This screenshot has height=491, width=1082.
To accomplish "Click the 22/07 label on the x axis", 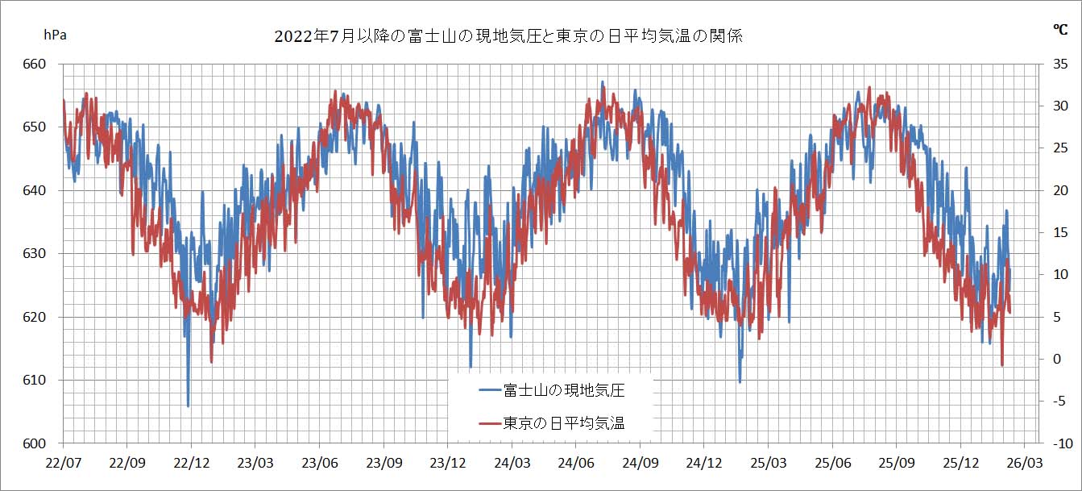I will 63,464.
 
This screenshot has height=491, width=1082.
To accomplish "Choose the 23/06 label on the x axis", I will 319,464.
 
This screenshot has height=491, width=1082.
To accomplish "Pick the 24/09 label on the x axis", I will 640,464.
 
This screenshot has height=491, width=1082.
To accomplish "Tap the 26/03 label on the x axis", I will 1024,464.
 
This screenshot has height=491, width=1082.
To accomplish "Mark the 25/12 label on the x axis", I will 960,464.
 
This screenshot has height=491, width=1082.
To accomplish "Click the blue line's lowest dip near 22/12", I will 189,406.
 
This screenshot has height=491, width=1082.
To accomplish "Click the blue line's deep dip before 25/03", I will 740,381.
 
